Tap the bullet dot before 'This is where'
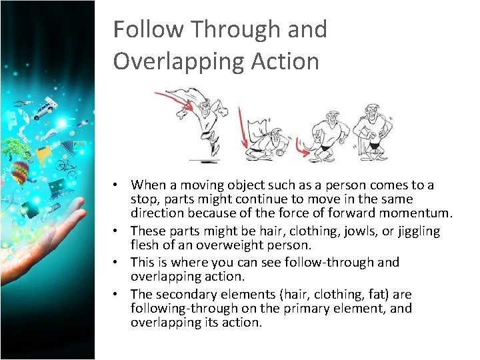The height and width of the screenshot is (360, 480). tap(116, 263)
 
